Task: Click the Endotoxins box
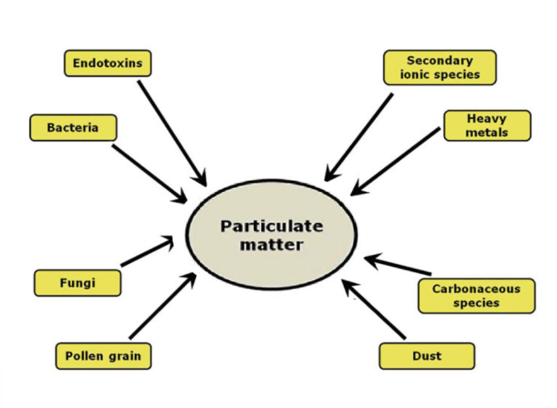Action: coord(108,63)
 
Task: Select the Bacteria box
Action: coord(73,128)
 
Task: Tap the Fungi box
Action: coord(78,283)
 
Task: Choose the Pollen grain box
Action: coord(103,357)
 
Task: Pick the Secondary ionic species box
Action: coord(439,67)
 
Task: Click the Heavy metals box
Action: coord(487,125)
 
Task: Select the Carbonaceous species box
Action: coord(476,296)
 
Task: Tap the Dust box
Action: coord(426,357)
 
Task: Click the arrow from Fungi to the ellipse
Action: coord(147,252)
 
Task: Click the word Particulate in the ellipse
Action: coord(272,227)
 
